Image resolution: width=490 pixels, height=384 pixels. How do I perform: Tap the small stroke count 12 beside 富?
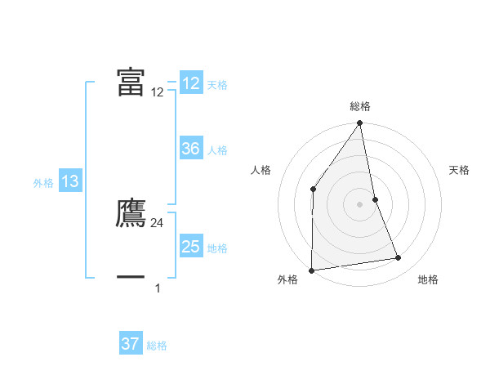(x=158, y=92)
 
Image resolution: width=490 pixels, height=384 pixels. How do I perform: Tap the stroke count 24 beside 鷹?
(x=158, y=222)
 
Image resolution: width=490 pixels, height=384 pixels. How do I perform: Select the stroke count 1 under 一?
(x=158, y=288)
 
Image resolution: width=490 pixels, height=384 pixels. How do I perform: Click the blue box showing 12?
(x=191, y=83)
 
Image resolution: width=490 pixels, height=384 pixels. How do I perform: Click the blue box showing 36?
(x=191, y=149)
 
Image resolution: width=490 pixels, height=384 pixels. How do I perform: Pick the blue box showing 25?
(x=191, y=247)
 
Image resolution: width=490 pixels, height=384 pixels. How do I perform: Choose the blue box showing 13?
(x=70, y=181)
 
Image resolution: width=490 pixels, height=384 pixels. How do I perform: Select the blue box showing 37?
(x=130, y=344)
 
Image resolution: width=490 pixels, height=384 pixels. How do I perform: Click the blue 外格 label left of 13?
(x=43, y=183)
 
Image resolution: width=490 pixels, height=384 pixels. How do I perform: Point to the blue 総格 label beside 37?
(x=157, y=346)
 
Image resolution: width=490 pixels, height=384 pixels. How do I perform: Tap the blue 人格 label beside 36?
(x=217, y=150)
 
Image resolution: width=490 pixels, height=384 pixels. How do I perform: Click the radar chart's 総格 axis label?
(x=360, y=106)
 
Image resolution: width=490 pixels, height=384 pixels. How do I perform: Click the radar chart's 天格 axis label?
(x=460, y=170)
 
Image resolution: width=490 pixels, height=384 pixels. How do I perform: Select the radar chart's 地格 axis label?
(x=428, y=280)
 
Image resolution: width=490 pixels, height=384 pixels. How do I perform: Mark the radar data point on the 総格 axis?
(x=360, y=124)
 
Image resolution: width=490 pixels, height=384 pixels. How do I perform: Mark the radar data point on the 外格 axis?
(x=311, y=270)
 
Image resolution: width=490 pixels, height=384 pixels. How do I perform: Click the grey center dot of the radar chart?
(x=360, y=203)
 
